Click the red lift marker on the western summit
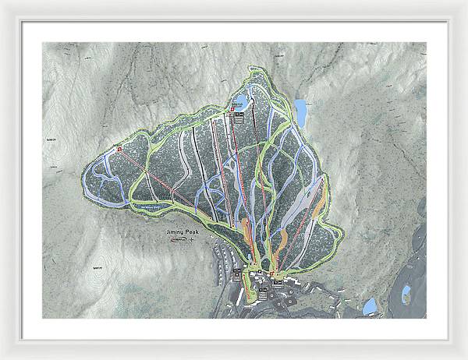pos(120,148)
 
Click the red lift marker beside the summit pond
pos(232,110)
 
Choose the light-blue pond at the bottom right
pos(370,305)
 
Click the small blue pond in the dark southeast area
pos(406,293)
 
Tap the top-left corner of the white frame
pos(3,3)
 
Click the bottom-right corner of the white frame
pos(465,357)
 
